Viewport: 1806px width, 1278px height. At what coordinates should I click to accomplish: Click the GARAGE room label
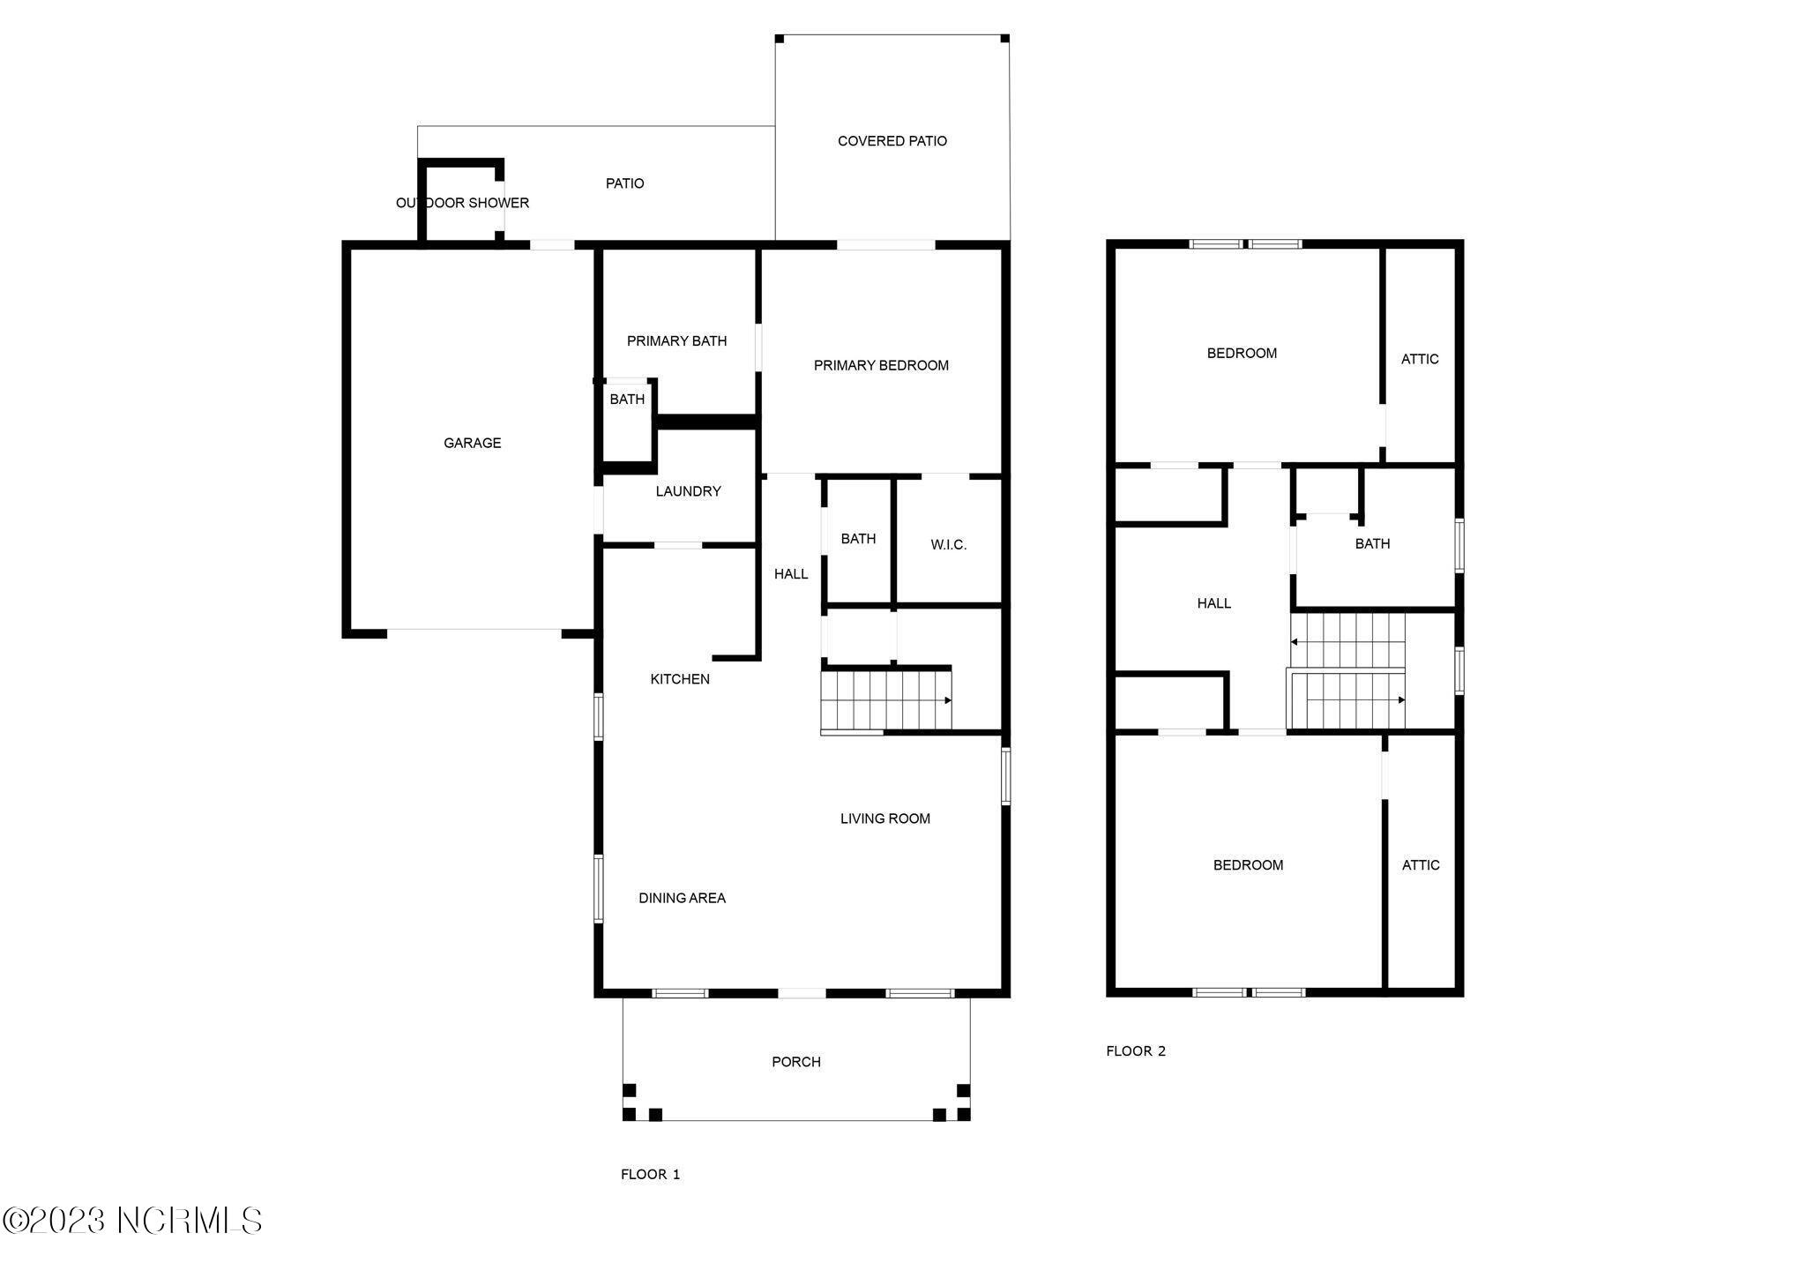coord(472,443)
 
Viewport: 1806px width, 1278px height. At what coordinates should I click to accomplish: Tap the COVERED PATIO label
coord(892,141)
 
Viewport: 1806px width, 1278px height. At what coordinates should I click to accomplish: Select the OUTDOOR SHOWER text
coord(462,203)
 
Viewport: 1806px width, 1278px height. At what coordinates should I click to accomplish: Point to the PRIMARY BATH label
coord(676,341)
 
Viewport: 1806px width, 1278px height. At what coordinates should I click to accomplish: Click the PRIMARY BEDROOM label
coord(880,365)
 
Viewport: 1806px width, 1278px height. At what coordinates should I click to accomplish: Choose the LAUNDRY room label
coord(688,491)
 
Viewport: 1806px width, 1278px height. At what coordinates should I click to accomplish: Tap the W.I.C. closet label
coord(948,545)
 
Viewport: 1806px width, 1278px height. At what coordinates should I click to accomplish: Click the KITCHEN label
coord(679,679)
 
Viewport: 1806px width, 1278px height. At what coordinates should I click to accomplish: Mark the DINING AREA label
coord(682,898)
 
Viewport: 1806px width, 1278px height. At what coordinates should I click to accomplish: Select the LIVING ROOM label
coord(884,818)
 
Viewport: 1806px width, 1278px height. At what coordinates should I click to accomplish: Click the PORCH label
coord(795,1062)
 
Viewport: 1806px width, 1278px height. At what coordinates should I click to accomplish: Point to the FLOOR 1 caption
coord(650,1174)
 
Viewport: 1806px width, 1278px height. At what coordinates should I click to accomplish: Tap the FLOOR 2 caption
coord(1136,1050)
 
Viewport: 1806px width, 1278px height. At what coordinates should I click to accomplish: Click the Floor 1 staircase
coord(885,700)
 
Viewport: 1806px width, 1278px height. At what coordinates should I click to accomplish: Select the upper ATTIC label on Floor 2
coord(1419,359)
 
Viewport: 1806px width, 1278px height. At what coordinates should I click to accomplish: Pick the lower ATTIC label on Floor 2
coord(1420,865)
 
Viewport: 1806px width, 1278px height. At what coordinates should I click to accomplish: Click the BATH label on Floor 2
coord(1371,544)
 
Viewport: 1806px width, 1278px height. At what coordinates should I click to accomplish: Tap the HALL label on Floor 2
coord(1213,603)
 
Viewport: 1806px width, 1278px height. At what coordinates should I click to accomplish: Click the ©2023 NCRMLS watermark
coord(132,1221)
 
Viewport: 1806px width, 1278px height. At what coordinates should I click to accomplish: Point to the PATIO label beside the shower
coord(624,183)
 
